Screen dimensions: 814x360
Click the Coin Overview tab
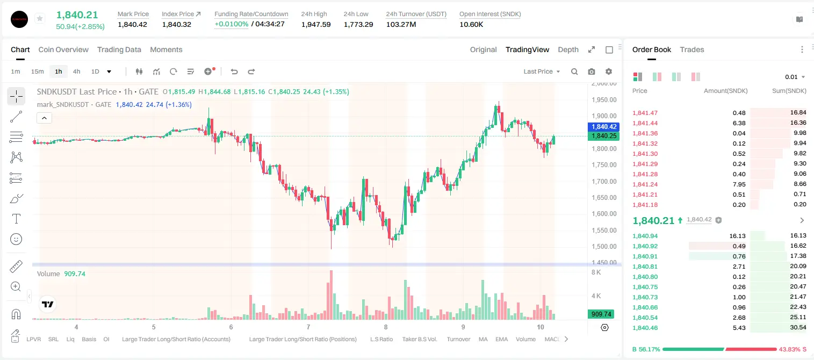[x=63, y=50]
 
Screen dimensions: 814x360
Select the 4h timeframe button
[x=76, y=71]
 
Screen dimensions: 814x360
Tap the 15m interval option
[x=38, y=71]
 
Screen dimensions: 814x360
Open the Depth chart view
[x=568, y=50]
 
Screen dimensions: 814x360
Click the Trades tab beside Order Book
[x=692, y=50]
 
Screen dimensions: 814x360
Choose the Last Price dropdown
[x=542, y=71]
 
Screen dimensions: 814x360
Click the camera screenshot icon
[x=592, y=71]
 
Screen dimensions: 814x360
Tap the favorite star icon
[x=40, y=18]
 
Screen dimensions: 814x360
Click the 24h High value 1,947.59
[x=316, y=24]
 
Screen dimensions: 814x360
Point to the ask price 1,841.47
[x=645, y=113]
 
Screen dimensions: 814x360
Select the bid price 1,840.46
[x=645, y=328]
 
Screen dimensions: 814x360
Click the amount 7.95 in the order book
[x=739, y=184]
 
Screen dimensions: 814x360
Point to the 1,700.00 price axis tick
[x=604, y=181]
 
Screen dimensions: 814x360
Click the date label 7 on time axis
[x=308, y=327]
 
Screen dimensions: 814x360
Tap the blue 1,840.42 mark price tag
[x=603, y=127]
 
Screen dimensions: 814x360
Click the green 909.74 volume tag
[x=601, y=314]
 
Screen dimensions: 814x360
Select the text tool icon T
[x=16, y=219]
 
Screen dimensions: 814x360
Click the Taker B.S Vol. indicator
[x=419, y=339]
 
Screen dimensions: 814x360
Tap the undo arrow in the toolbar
[x=234, y=71]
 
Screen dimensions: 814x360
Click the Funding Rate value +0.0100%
[x=232, y=24]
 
